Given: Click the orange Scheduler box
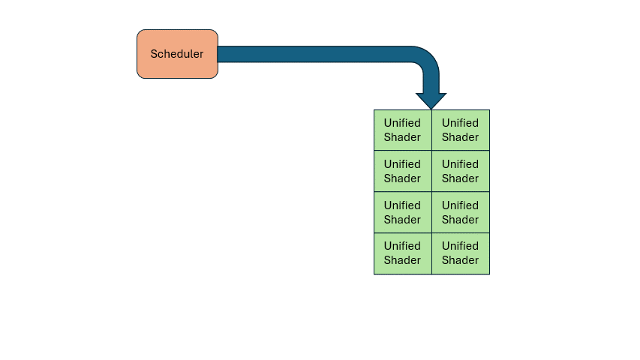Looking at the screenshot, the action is click(177, 54).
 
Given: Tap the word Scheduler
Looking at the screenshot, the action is click(177, 54).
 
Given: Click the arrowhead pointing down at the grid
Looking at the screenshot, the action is click(431, 100).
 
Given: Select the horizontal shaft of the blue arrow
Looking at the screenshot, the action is click(314, 54).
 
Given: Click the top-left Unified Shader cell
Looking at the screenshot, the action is click(402, 130).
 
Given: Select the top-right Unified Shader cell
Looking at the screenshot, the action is click(461, 130).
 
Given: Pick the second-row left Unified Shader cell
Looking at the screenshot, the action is click(402, 171).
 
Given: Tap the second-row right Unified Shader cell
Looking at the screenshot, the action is click(461, 171).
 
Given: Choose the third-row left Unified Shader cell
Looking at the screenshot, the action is click(402, 212).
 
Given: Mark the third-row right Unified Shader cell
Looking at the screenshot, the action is click(461, 212).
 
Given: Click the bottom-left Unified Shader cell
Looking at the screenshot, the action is click(402, 253).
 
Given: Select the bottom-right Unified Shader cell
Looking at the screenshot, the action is click(461, 253).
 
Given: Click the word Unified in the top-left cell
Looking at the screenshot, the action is click(402, 123).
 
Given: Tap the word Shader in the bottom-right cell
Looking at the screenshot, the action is click(460, 260).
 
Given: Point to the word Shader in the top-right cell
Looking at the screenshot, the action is click(460, 137).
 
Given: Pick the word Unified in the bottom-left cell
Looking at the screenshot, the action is click(402, 246).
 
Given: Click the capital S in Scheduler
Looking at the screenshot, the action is click(155, 54).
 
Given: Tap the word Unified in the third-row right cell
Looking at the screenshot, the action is click(460, 205).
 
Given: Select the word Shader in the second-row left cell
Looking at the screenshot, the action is click(402, 178).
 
